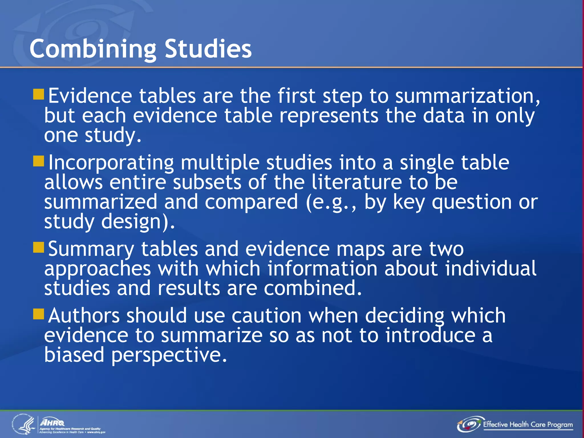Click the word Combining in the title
(x=93, y=49)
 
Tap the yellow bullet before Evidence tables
(x=38, y=94)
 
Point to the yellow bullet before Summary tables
(x=38, y=248)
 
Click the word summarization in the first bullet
(x=467, y=96)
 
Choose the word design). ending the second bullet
(x=138, y=222)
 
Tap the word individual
(x=490, y=269)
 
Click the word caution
(x=266, y=316)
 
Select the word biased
(x=74, y=355)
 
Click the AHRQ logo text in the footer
(x=52, y=422)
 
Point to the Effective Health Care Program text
(x=528, y=425)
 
